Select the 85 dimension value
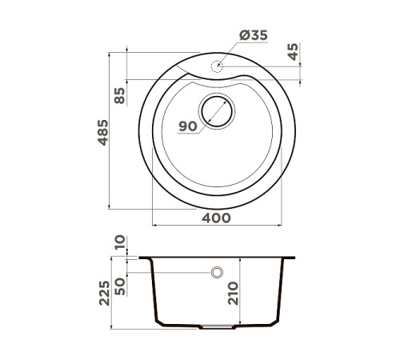coord(120,96)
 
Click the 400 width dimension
coord(216,218)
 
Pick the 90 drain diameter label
coord(188,126)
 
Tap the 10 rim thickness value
coord(120,243)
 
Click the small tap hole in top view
coord(218,66)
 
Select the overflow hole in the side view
coord(217,273)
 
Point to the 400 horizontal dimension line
coord(216,226)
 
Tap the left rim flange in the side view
coord(145,258)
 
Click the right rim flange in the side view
coord(290,258)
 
